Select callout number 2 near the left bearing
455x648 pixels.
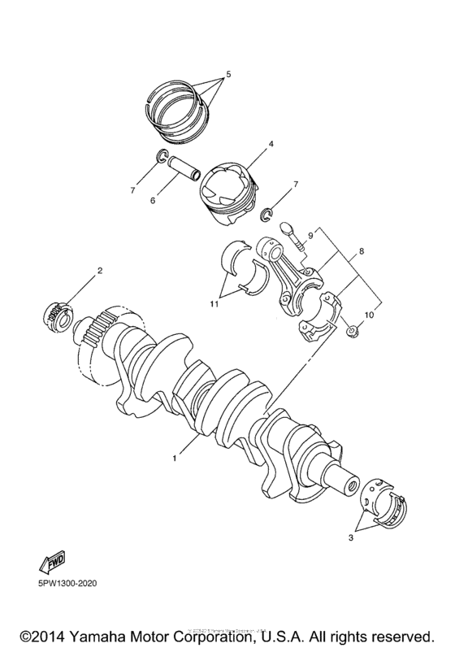pos(99,270)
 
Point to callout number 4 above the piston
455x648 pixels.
pos(248,144)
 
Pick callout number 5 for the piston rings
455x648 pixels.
pos(228,75)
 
